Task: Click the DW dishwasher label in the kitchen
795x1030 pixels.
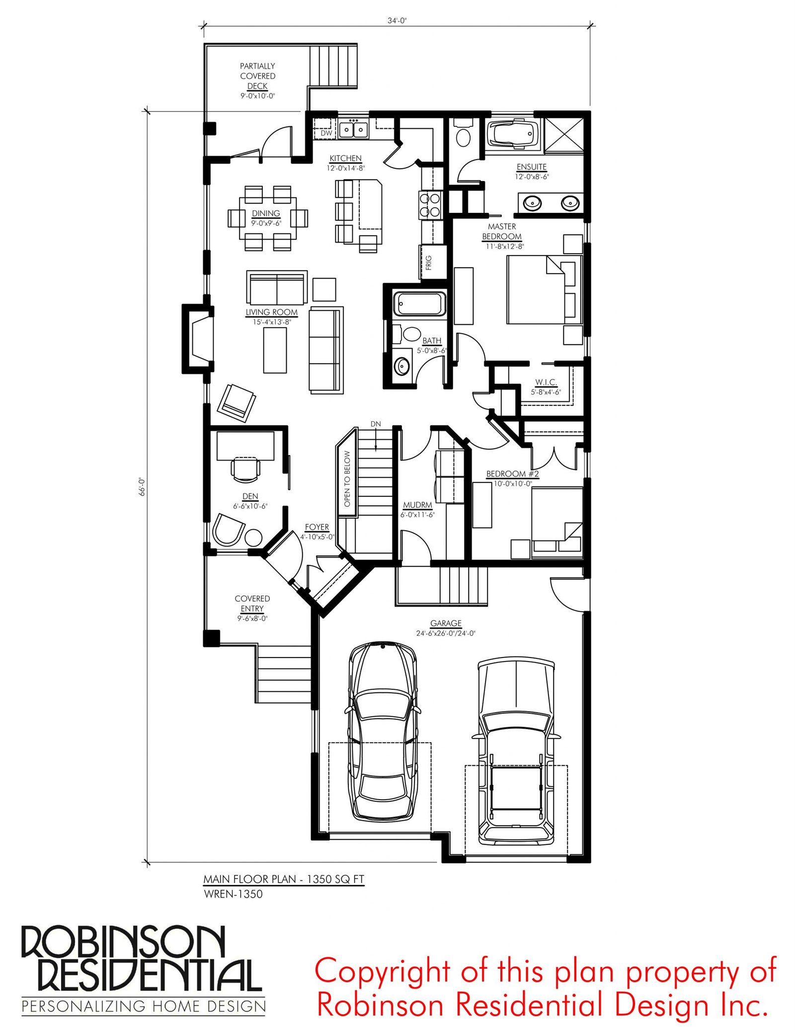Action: coord(326,133)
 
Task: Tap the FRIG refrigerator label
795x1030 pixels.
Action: coord(429,263)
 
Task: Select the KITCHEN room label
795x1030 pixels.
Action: coord(345,158)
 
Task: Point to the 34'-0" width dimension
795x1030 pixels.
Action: coord(397,20)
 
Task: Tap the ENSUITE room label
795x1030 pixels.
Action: coord(531,167)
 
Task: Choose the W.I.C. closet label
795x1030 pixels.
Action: coord(546,382)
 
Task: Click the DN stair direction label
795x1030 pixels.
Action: coord(376,424)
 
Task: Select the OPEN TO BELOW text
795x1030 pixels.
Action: coord(347,478)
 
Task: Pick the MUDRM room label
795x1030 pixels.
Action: coord(417,505)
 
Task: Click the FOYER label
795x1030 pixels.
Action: coord(317,527)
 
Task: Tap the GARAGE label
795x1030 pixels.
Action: coord(446,623)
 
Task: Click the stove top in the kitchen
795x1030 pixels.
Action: coord(430,205)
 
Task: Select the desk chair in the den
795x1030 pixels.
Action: coord(245,470)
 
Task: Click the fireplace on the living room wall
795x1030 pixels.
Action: coord(198,338)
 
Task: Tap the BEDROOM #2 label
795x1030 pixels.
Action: coord(512,474)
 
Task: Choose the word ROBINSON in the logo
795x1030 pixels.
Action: coord(123,944)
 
